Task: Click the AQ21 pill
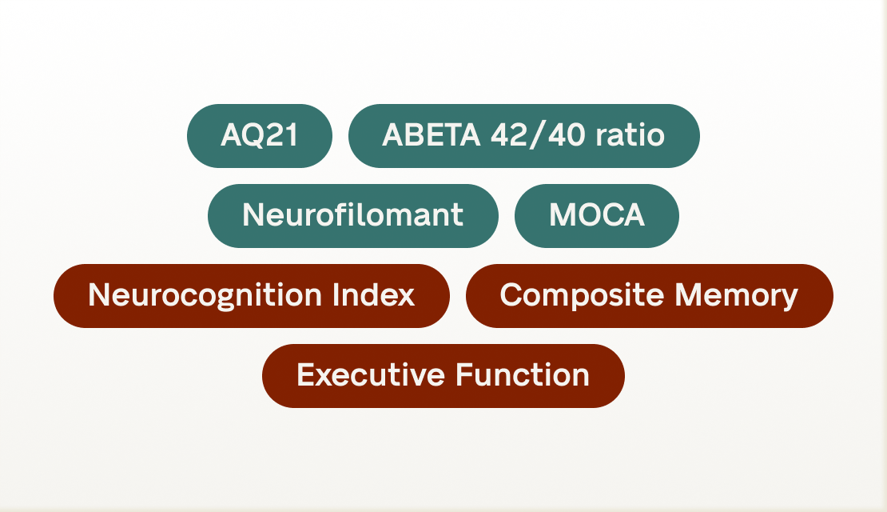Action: (260, 136)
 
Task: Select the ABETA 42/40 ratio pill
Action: (523, 136)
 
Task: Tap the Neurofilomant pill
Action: (352, 216)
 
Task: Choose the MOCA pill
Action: (596, 216)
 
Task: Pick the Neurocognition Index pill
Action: (251, 296)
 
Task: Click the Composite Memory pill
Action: (649, 296)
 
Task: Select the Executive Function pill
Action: (443, 376)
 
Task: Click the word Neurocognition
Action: (205, 296)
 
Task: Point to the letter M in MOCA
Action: (562, 216)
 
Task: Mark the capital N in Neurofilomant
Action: (253, 216)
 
